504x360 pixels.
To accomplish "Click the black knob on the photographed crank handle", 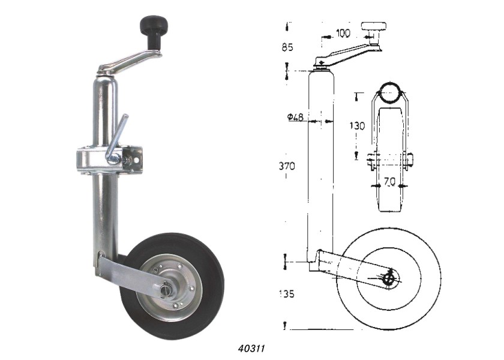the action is coord(154,31).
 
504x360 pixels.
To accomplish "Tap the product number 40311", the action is coord(251,349).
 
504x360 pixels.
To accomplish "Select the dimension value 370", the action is coord(287,166).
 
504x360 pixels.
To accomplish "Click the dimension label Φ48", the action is coord(295,117).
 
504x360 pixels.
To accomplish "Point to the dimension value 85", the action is coord(287,47).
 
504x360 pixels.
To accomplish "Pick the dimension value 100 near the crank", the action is coord(343,33).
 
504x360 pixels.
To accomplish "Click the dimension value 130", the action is coord(357,125).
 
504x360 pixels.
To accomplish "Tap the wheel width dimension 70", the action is coord(389,182).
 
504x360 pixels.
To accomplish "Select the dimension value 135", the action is coord(287,294).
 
